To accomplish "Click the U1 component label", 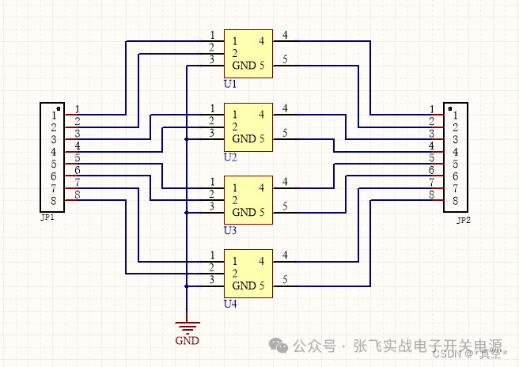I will [x=230, y=83].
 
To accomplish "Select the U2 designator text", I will [x=230, y=157].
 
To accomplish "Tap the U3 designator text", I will [x=230, y=230].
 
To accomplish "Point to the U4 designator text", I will [x=230, y=304].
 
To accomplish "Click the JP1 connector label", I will [x=47, y=217].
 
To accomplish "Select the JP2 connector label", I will [x=464, y=220].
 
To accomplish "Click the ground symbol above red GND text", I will [x=187, y=327].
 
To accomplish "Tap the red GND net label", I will [x=187, y=341].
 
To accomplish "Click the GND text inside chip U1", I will [x=244, y=65].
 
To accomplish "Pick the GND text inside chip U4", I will [x=244, y=286].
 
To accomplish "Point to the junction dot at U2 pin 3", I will [x=186, y=138].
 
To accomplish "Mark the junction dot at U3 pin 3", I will [x=186, y=212].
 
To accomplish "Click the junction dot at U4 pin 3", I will [x=186, y=286].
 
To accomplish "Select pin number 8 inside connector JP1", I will [x=55, y=201].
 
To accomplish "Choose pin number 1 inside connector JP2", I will [x=455, y=115].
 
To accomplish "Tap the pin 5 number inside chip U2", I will [x=262, y=138].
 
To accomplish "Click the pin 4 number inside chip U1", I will [x=262, y=40].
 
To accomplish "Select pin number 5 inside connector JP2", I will [x=455, y=165].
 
